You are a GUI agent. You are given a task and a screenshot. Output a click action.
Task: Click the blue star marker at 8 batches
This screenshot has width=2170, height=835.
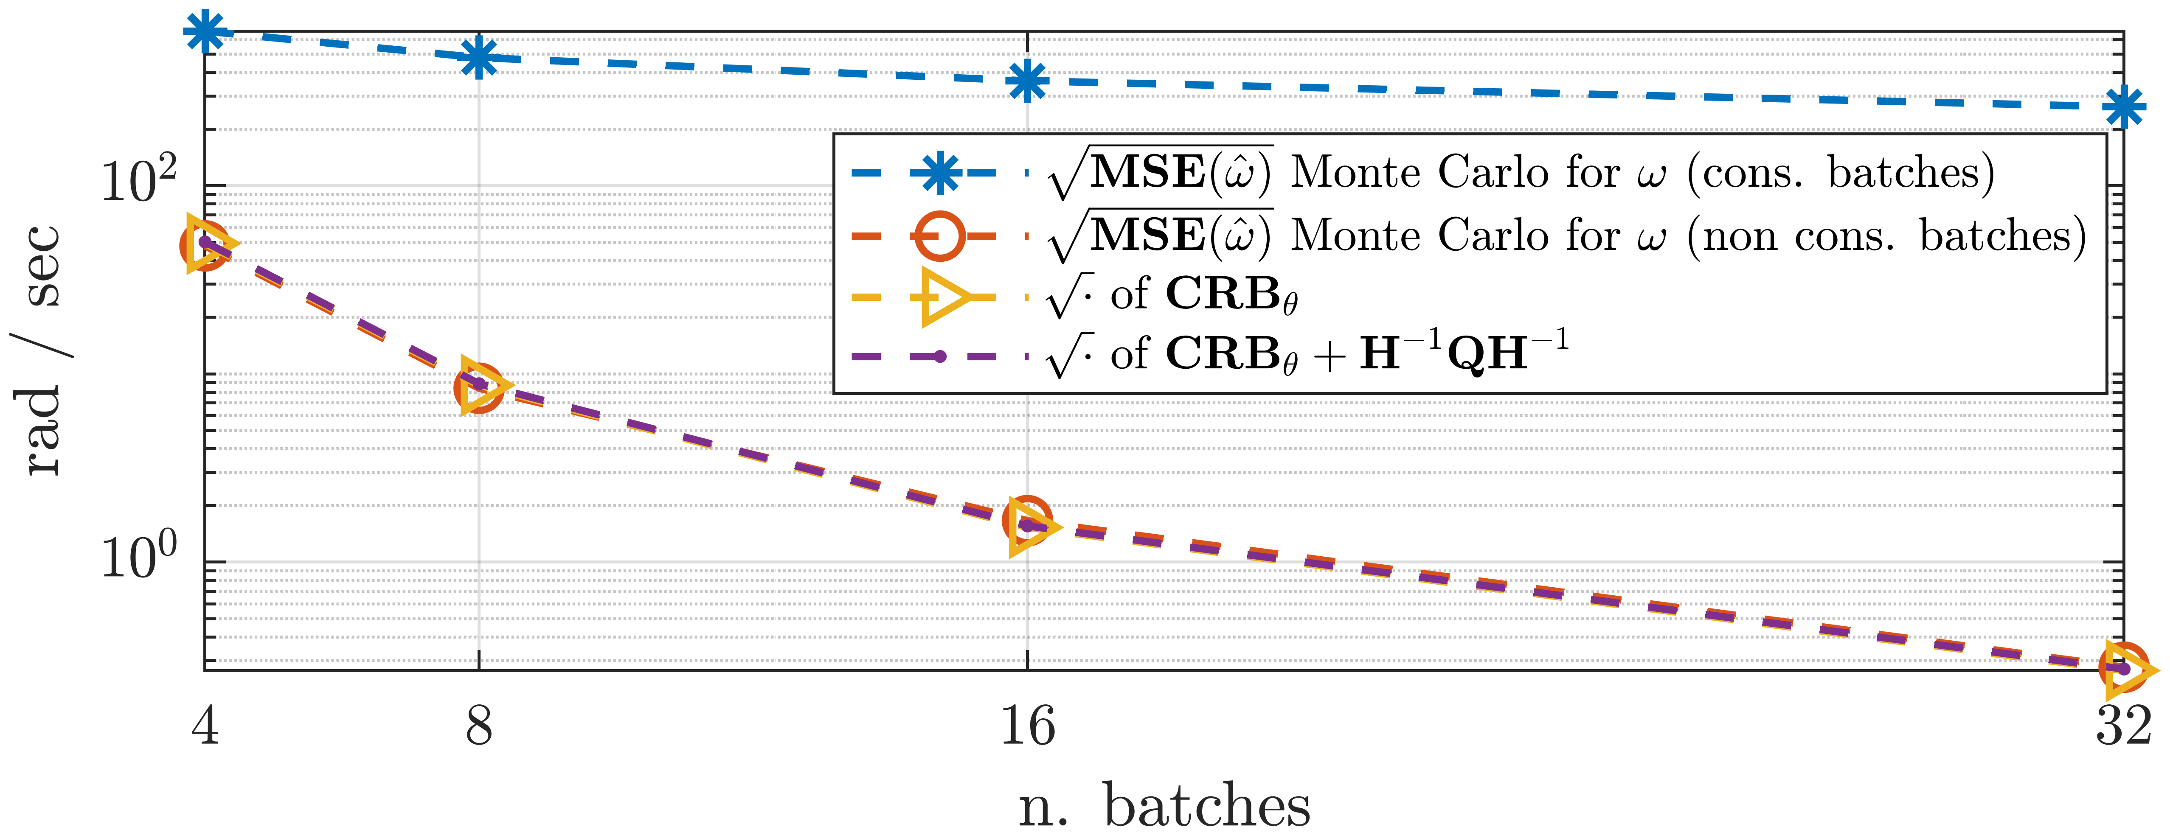(x=478, y=57)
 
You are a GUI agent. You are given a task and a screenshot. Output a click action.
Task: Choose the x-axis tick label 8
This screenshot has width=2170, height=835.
(x=478, y=726)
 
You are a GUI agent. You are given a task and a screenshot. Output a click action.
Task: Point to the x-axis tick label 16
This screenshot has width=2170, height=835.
(x=1027, y=726)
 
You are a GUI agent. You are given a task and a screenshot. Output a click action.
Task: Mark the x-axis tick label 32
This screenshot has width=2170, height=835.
(x=2123, y=726)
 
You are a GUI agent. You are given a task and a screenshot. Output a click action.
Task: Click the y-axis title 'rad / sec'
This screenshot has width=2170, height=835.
(x=42, y=349)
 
